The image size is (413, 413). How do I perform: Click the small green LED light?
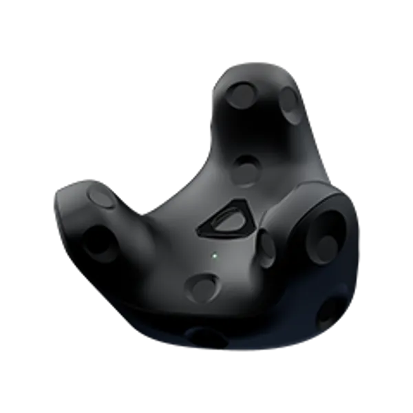pyautogui.click(x=215, y=255)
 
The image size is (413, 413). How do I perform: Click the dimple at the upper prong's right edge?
pyautogui.click(x=290, y=102)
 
